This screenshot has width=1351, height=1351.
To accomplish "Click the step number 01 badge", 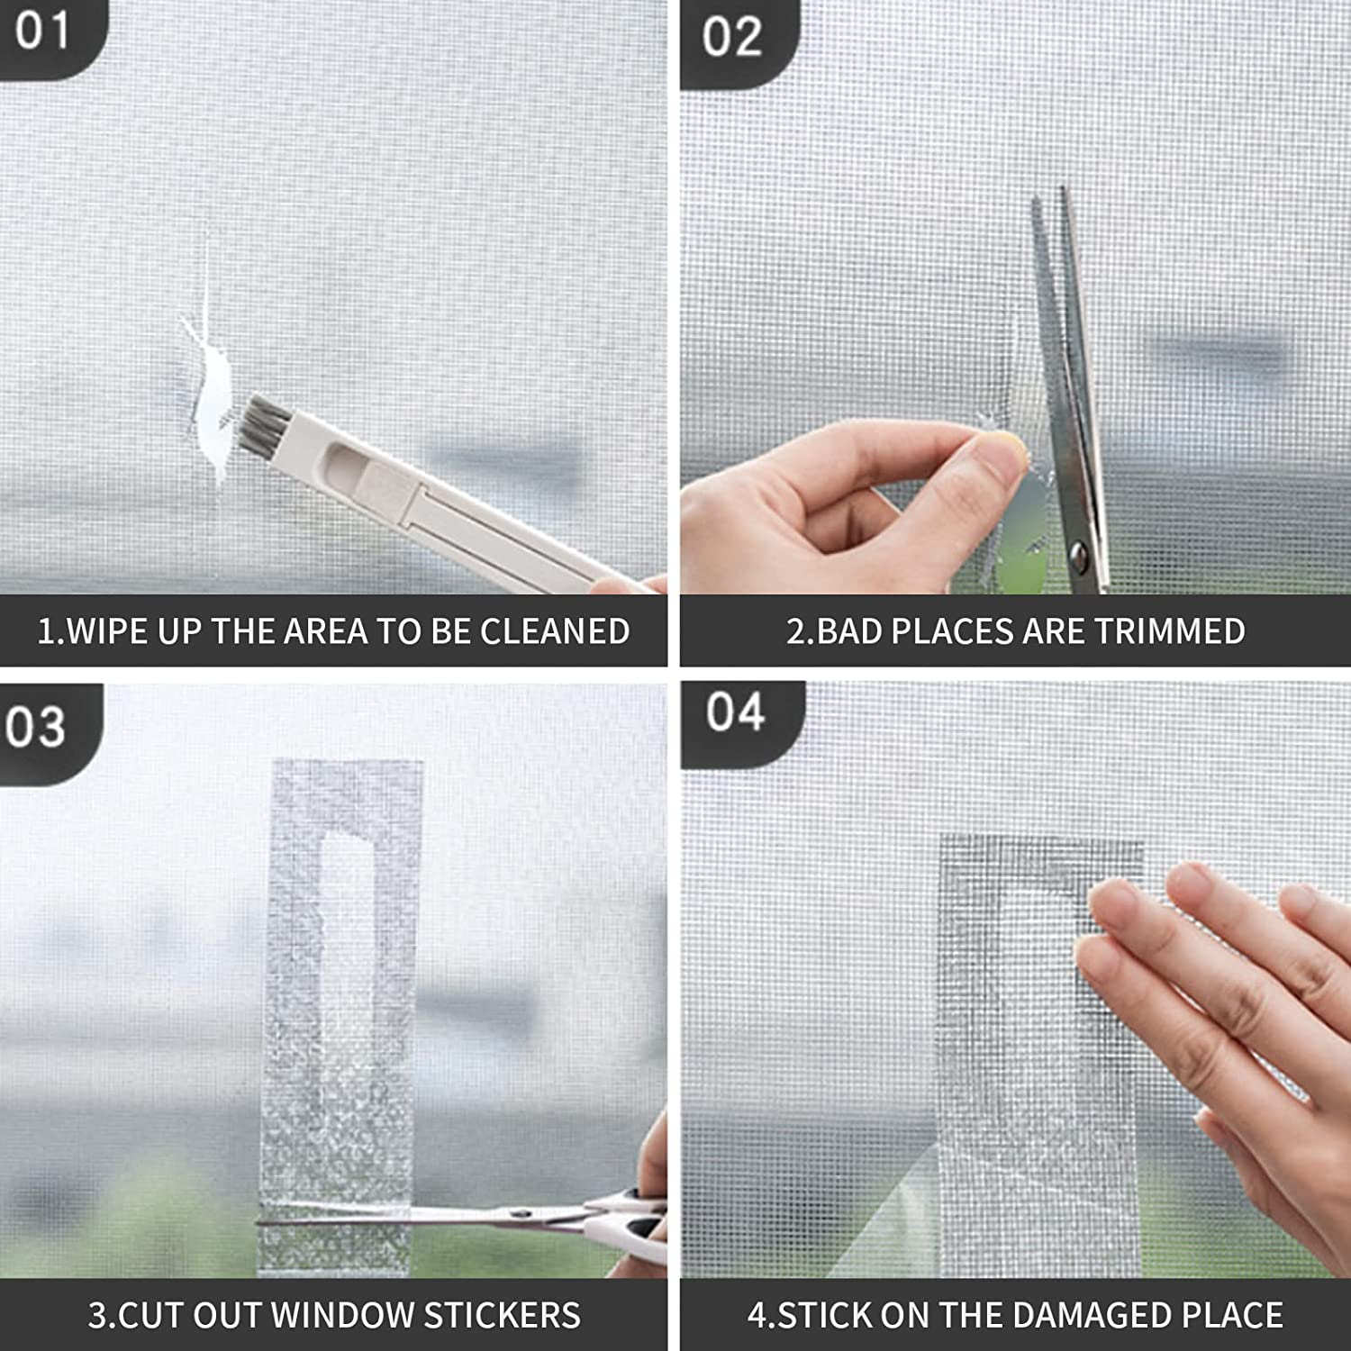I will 42,32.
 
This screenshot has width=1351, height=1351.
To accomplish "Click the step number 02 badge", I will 732,38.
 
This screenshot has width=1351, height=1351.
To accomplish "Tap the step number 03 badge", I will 36,728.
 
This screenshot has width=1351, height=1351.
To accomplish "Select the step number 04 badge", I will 735,713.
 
